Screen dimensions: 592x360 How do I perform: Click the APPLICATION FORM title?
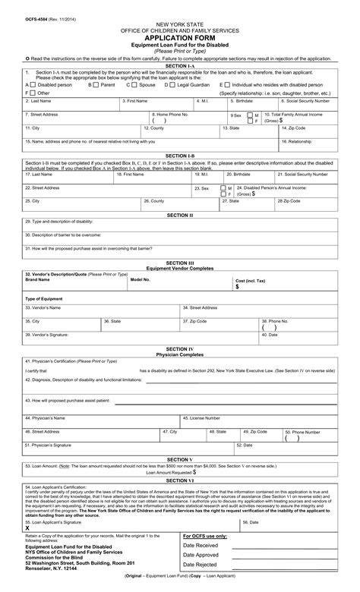[180, 35]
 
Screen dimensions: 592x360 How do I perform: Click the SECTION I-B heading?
[180, 155]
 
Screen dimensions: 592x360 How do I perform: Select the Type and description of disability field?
[180, 226]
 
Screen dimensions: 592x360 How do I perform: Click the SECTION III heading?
[180, 263]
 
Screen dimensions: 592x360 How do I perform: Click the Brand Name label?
[38, 279]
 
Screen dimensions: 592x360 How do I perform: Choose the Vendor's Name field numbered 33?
[102, 312]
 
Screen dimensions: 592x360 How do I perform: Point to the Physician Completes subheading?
[180, 354]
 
